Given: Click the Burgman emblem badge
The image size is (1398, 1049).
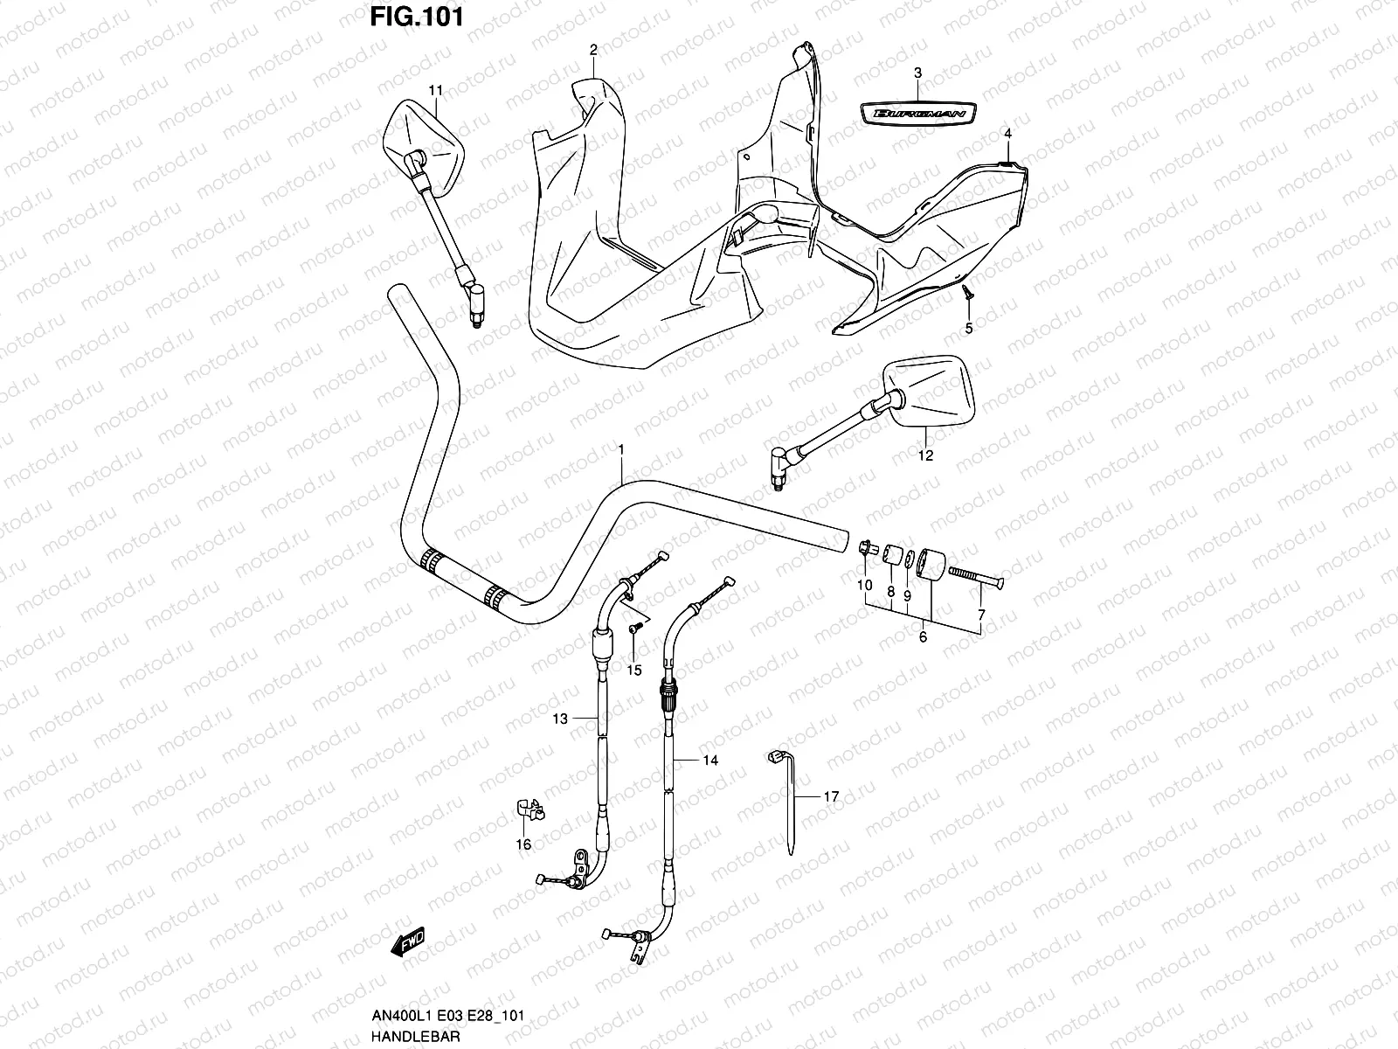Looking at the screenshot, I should coord(917,112).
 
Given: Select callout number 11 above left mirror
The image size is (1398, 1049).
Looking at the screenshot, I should coord(436,90).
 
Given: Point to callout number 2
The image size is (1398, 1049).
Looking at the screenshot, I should coord(593,51).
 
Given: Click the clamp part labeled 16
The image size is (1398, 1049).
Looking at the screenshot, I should coord(526,811).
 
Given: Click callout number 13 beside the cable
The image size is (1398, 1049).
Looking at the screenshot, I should coord(559,719).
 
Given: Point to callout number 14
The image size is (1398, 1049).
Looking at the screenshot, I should coord(710,761).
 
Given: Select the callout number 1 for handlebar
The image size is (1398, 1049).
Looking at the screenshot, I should coord(621,449).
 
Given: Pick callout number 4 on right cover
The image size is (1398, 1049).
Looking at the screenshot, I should coord(1007,134).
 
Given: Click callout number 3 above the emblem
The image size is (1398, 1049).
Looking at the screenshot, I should coord(917,73).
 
